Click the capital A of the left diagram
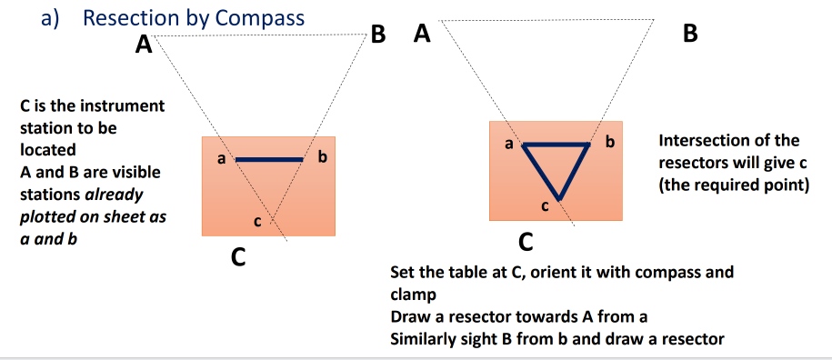coord(143,44)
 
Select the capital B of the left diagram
coord(379,36)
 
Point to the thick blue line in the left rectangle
coord(268,159)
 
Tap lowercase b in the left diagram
coord(320,159)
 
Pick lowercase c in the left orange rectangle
coord(256,222)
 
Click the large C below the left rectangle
coord(236,258)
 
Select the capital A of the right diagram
coord(421,35)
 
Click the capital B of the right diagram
coord(690,35)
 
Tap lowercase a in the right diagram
coord(509,144)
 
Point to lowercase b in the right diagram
coord(609,143)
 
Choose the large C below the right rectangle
coord(526,244)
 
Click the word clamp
coord(412,295)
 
